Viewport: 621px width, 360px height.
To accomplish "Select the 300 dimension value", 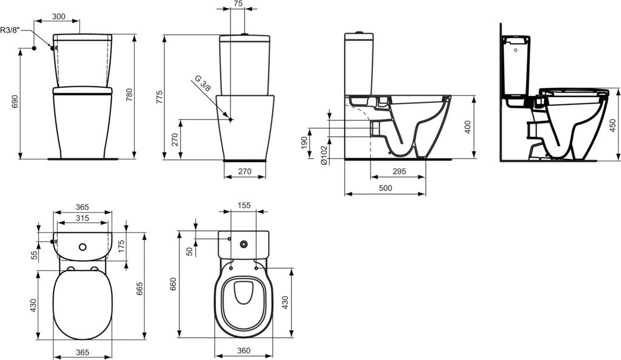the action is pos(59,16).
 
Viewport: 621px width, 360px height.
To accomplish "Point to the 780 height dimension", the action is pos(129,95).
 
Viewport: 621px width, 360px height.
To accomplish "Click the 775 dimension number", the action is pos(159,98).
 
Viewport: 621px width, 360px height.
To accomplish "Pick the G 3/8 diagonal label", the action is pos(203,84).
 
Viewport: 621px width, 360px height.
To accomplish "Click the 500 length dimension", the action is pos(385,188).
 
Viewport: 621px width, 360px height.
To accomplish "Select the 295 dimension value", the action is pos(398,172).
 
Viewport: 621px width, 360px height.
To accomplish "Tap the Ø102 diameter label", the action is pos(324,155).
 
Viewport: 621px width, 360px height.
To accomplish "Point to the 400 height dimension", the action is pos(468,127).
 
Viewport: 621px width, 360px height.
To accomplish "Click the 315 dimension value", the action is pos(82,218).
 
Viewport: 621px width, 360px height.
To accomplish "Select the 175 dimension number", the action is pos(121,247).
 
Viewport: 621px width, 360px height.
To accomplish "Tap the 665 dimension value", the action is pos(139,289).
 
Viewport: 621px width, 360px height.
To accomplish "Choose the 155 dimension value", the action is pos(244,205).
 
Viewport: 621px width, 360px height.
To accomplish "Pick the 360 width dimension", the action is pos(244,351).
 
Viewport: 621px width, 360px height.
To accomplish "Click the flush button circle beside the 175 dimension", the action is pos(82,247).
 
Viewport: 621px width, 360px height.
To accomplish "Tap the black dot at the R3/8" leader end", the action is pos(34,48).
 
